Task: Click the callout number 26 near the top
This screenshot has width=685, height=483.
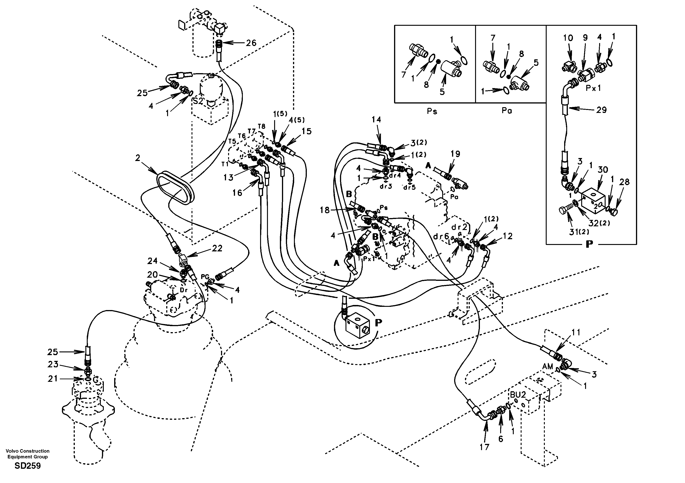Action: tap(251, 43)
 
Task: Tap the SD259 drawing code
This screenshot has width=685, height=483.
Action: tap(28, 466)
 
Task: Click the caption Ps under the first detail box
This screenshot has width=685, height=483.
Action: tap(432, 111)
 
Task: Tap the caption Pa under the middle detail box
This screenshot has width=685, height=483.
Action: tap(507, 111)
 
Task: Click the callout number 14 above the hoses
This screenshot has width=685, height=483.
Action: tap(376, 120)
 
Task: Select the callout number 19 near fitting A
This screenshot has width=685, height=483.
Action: tap(455, 154)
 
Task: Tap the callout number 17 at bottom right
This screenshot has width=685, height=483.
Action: tap(485, 447)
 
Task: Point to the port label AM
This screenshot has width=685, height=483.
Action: tap(547, 367)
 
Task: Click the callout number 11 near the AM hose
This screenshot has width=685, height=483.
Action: tap(576, 332)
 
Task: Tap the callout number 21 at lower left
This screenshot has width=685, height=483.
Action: tap(53, 379)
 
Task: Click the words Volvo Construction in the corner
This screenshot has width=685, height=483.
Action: tap(28, 451)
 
